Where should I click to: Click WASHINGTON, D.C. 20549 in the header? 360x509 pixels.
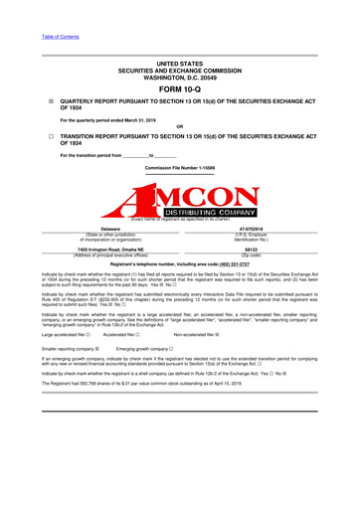pyautogui.click(x=179, y=72)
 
